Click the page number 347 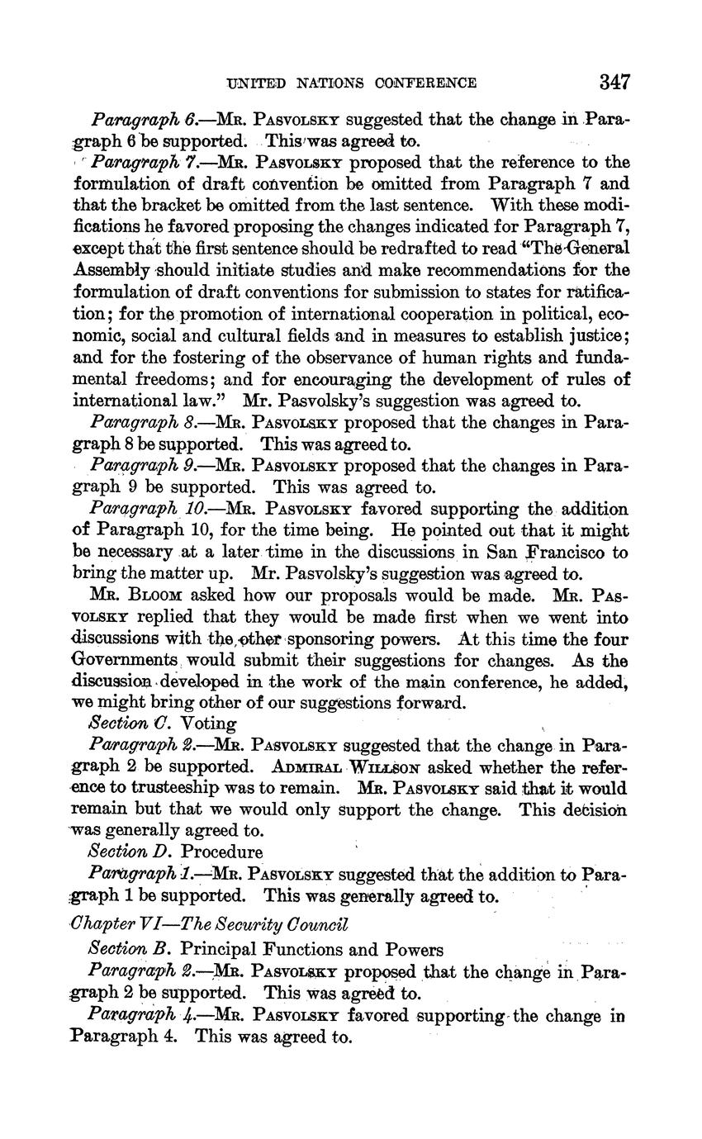615,81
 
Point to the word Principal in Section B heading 216,949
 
